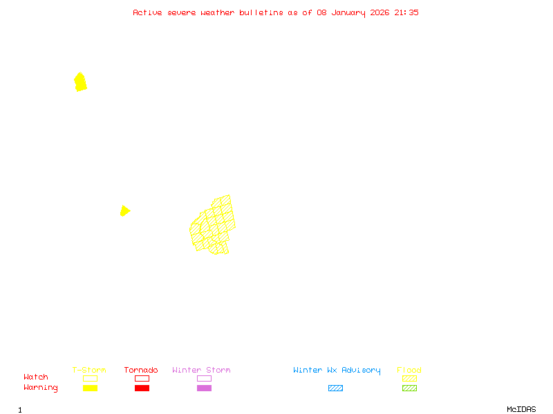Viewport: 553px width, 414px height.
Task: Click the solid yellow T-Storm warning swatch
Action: pos(90,388)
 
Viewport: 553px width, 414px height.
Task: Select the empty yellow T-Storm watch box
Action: pos(90,378)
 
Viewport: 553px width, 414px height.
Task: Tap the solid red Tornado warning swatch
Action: pos(142,388)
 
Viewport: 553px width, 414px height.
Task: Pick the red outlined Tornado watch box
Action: pos(142,378)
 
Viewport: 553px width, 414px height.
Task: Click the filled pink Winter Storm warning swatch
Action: pos(204,388)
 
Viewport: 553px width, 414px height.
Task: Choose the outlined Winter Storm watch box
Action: pos(204,378)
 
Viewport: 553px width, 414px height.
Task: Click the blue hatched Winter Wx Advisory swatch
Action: pos(335,388)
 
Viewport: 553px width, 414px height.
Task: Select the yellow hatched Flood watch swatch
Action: pos(409,378)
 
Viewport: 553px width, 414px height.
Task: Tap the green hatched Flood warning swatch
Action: pos(409,388)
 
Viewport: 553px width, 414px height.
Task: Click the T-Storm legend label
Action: pos(89,371)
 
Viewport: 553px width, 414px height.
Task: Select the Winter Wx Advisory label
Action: pos(337,371)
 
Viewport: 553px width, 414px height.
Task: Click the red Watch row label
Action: pos(36,377)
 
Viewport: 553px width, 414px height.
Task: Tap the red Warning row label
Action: pos(41,388)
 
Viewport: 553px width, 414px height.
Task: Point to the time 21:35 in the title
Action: pos(406,12)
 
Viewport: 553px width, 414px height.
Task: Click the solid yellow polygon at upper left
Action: pos(80,82)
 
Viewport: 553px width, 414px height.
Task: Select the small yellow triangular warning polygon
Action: pos(124,210)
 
